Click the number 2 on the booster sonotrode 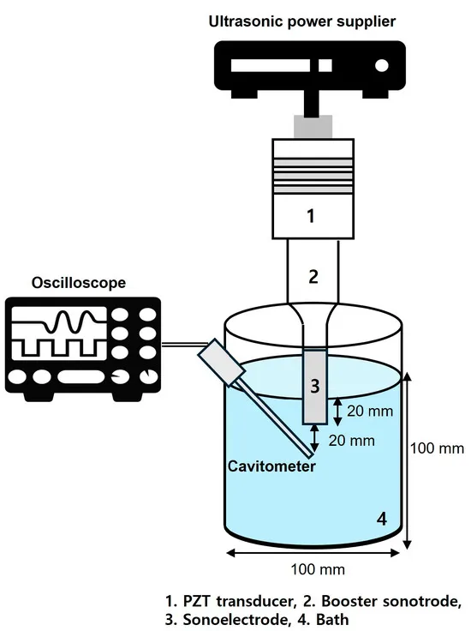[x=313, y=276]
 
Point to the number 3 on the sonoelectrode [x=314, y=386]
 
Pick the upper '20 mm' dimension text [x=369, y=411]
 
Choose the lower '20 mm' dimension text [x=351, y=441]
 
